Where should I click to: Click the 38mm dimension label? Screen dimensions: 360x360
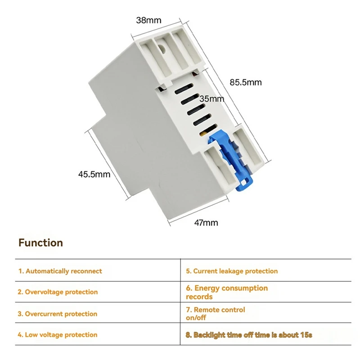point(148,20)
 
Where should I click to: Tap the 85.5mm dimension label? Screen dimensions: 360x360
point(246,82)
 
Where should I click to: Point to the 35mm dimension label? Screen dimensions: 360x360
point(211,99)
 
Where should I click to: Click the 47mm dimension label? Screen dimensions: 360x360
point(206,222)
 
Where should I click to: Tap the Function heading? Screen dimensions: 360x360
point(40,243)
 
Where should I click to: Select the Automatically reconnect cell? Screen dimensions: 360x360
point(60,271)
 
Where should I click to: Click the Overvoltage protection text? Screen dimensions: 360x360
point(58,292)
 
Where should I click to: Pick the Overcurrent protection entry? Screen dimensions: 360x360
point(58,314)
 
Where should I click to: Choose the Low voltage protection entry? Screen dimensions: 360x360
point(58,335)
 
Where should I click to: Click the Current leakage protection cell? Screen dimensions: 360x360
point(232,271)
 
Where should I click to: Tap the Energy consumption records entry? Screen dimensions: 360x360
point(227,292)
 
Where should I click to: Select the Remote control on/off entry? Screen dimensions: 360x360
point(216,314)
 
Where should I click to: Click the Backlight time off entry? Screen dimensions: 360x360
point(249,335)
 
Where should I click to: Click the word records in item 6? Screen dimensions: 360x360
point(199,297)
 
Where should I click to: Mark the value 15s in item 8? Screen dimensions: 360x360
point(306,335)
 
